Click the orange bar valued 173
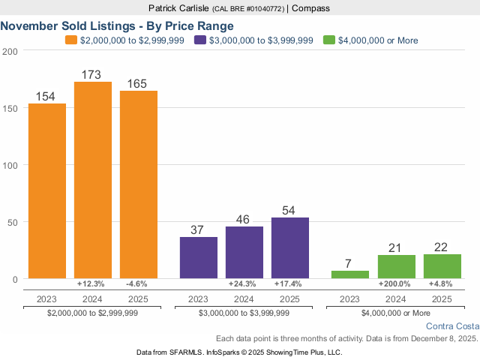tap(93, 180)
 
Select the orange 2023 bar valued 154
tap(47, 190)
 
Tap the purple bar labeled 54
tap(290, 248)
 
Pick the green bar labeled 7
tap(350, 274)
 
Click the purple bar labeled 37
tap(199, 258)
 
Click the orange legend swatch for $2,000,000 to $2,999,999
tap(71, 40)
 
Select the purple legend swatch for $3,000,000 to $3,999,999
tap(200, 40)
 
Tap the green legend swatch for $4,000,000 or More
tap(329, 40)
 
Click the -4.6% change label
tap(139, 284)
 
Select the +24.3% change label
tap(244, 284)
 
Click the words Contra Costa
tap(451, 326)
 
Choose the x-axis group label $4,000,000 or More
tap(396, 313)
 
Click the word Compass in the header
tap(310, 8)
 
